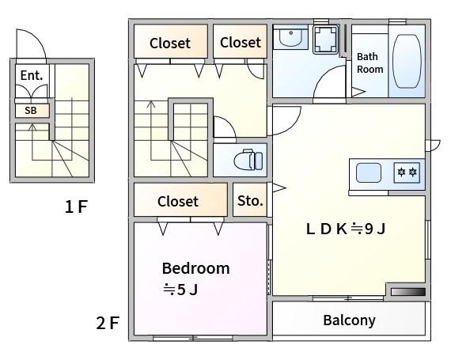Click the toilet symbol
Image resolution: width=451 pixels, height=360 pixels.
pyautogui.click(x=248, y=160)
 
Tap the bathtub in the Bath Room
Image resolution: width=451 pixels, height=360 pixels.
pyautogui.click(x=407, y=61)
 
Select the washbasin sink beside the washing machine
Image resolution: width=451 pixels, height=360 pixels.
pyautogui.click(x=291, y=37)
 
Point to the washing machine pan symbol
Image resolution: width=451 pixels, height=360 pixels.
pyautogui.click(x=325, y=40)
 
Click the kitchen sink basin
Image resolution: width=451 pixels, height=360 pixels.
pyautogui.click(x=369, y=172)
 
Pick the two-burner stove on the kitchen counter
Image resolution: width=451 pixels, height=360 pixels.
pyautogui.click(x=407, y=172)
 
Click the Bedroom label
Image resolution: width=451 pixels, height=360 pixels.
pyautogui.click(x=196, y=268)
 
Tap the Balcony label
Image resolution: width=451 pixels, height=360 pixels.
pyautogui.click(x=349, y=320)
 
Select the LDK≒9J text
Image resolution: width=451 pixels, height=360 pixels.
pyautogui.click(x=346, y=229)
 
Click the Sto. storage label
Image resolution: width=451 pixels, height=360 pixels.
pyautogui.click(x=250, y=201)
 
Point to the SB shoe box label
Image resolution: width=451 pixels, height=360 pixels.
pyautogui.click(x=31, y=111)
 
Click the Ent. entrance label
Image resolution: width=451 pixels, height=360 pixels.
pyautogui.click(x=32, y=75)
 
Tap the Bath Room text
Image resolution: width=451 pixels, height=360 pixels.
pyautogui.click(x=370, y=63)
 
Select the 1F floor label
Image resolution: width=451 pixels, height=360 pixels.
pyautogui.click(x=76, y=207)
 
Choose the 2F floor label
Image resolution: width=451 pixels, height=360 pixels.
pyautogui.click(x=108, y=323)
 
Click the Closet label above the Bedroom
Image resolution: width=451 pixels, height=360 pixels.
pyautogui.click(x=178, y=201)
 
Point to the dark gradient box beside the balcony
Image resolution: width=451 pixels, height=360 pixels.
pyautogui.click(x=407, y=292)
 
